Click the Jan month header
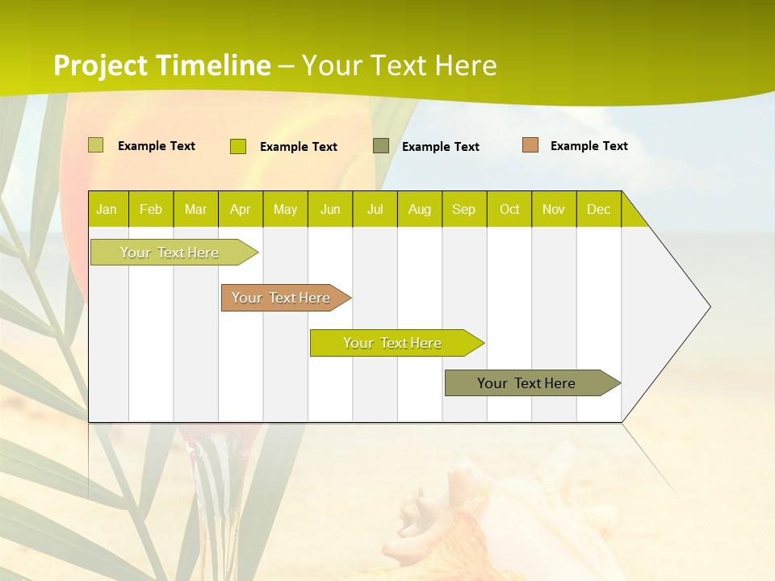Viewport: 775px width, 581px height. (x=107, y=209)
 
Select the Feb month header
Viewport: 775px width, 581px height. (x=151, y=209)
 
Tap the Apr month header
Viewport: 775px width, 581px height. (x=241, y=209)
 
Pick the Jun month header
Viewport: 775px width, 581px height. (x=330, y=209)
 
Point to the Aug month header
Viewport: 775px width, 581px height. (x=420, y=209)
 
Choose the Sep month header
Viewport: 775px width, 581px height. (x=464, y=209)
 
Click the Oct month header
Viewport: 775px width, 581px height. (x=509, y=209)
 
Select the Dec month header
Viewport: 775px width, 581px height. (x=599, y=209)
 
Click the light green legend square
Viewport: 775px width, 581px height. (x=96, y=145)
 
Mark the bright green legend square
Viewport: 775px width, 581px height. (x=238, y=146)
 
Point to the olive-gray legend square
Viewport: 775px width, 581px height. (x=381, y=146)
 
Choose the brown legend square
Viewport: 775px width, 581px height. (x=530, y=145)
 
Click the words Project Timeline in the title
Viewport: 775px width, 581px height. (x=161, y=65)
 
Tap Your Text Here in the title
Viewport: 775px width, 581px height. (x=400, y=65)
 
